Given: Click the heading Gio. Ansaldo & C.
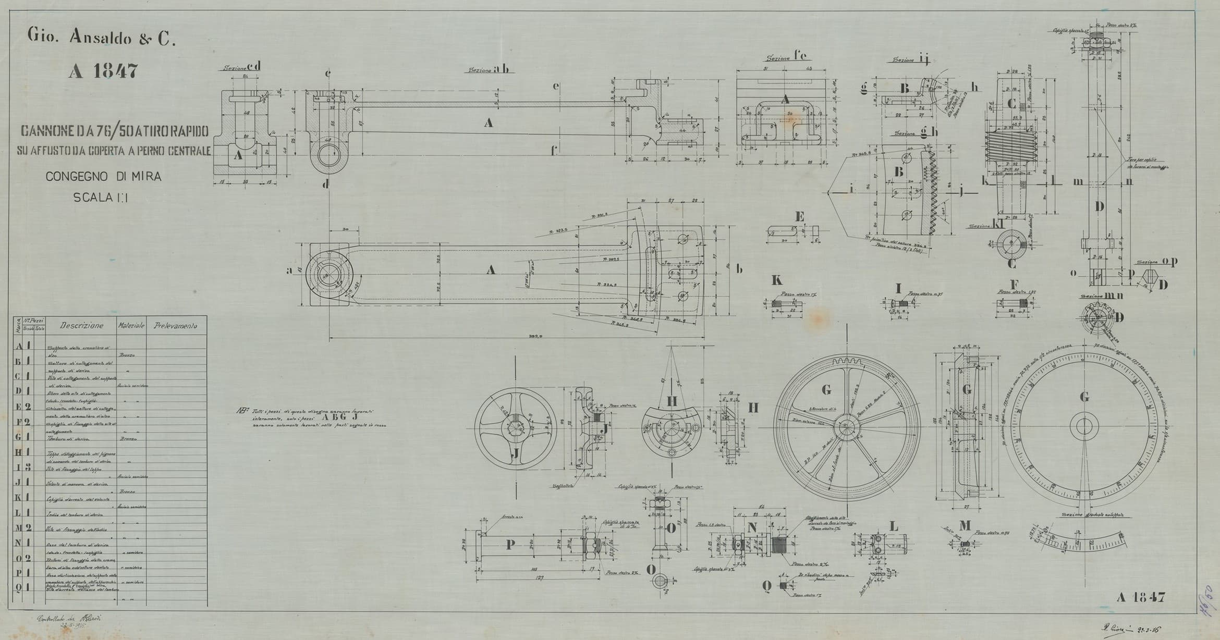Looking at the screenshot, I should coord(100,38).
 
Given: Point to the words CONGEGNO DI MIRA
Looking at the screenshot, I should coord(103,177).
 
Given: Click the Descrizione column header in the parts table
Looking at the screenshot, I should coord(81,326).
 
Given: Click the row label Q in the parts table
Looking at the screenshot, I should coord(18,587).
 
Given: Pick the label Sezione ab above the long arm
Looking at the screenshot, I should coord(488,69).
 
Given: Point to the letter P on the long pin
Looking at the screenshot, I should coord(510,545).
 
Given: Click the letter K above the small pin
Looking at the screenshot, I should coord(777,280).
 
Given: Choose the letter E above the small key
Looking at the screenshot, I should coord(800,217).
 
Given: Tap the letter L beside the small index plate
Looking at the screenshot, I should coord(894,527).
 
